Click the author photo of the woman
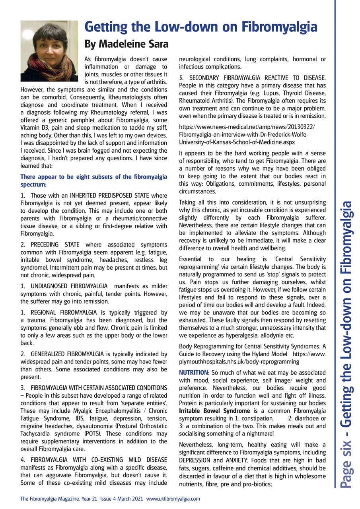(x=49, y=51)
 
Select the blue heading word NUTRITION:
(x=193, y=372)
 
